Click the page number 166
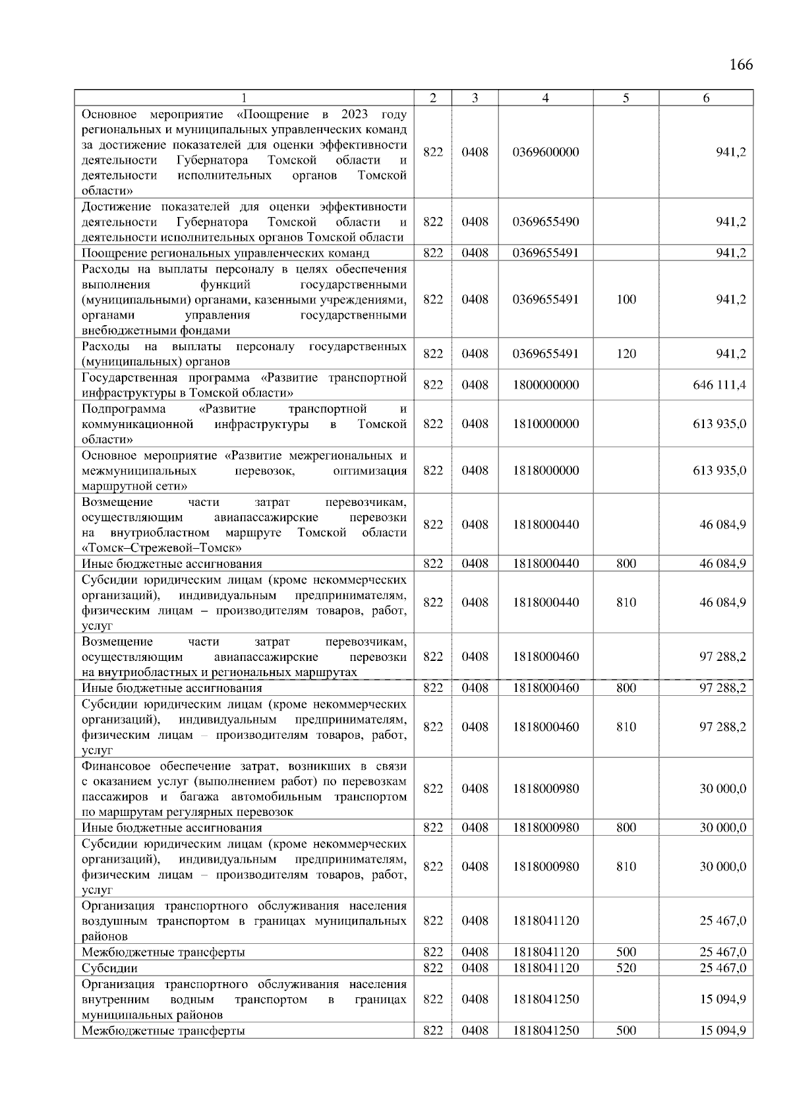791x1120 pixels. pos(741,65)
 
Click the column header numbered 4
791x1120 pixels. pos(545,98)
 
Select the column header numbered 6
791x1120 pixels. pos(706,98)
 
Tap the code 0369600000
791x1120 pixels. pos(545,152)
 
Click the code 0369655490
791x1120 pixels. pos(545,222)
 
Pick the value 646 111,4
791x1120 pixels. pos(719,385)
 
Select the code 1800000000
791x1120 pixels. pos(545,385)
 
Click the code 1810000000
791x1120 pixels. pos(545,424)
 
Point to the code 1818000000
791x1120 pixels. pos(545,471)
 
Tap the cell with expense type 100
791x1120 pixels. pos(626,299)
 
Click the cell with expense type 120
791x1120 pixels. pos(626,354)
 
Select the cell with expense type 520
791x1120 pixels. pos(626,968)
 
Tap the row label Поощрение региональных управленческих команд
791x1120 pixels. pos(225,253)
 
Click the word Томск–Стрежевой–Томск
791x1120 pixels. pos(162,548)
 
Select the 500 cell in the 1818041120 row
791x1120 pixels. pos(626,952)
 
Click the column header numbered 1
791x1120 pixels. pos(244,98)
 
